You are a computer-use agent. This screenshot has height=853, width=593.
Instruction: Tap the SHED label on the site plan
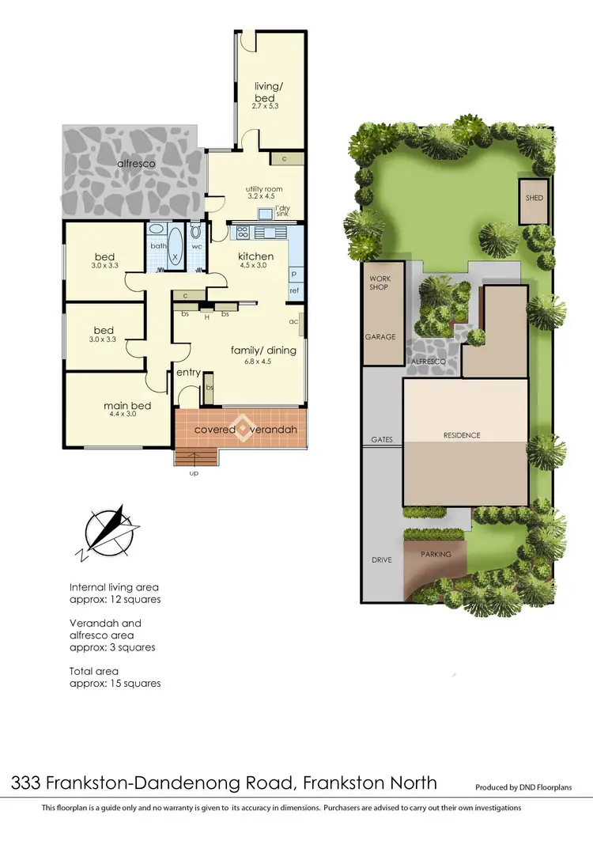pyautogui.click(x=534, y=197)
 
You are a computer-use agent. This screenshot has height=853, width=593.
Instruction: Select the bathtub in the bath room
pyautogui.click(x=175, y=248)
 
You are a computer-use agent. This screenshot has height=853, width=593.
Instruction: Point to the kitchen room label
pyautogui.click(x=256, y=256)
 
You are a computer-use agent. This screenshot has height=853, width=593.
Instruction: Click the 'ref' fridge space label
pyautogui.click(x=295, y=291)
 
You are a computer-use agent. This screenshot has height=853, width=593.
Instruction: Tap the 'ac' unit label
pyautogui.click(x=293, y=321)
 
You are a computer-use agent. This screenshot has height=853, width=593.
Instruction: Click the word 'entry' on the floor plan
pyautogui.click(x=188, y=373)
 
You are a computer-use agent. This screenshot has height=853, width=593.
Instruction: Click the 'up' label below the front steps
pyautogui.click(x=194, y=473)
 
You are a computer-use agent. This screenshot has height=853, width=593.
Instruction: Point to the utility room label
pyautogui.click(x=264, y=189)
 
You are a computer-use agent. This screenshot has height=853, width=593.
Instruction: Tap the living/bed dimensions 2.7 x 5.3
pyautogui.click(x=265, y=106)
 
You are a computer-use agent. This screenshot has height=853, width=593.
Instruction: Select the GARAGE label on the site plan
pyautogui.click(x=380, y=336)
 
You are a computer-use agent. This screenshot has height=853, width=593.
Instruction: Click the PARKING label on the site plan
pyautogui.click(x=436, y=554)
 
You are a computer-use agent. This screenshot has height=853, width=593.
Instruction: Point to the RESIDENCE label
pyautogui.click(x=462, y=435)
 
